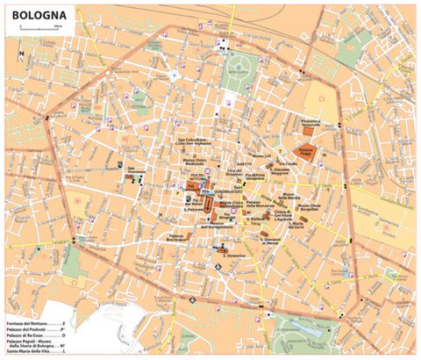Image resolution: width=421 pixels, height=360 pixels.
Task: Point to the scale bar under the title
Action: click(x=39, y=30)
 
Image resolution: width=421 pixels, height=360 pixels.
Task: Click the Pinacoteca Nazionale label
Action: click(x=313, y=124)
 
